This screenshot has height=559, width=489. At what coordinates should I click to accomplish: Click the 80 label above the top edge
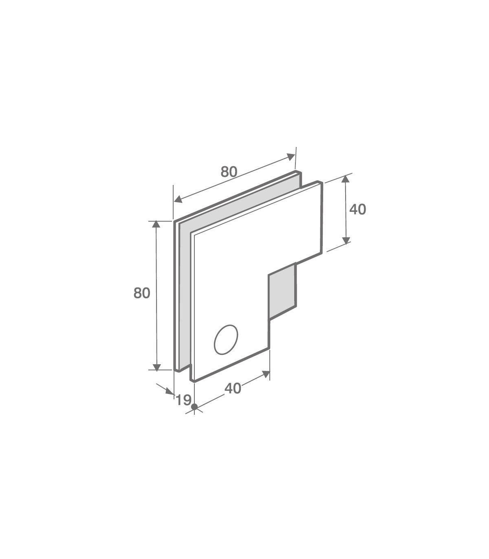pos(229,172)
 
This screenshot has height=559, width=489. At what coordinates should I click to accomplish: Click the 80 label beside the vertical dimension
pos(142,293)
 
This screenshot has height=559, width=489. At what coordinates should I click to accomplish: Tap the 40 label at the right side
pos(358,209)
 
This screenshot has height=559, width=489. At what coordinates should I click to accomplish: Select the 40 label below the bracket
pos(233,388)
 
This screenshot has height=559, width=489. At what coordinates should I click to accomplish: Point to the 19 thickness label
pos(183,400)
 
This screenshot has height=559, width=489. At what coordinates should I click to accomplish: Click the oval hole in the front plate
pos(226,340)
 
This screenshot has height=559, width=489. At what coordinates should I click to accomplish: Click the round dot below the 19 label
pos(194,407)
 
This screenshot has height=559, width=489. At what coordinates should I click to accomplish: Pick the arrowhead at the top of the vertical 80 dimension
pos(156,224)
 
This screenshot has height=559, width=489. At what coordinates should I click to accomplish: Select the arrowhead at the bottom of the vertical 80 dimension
pos(156,367)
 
